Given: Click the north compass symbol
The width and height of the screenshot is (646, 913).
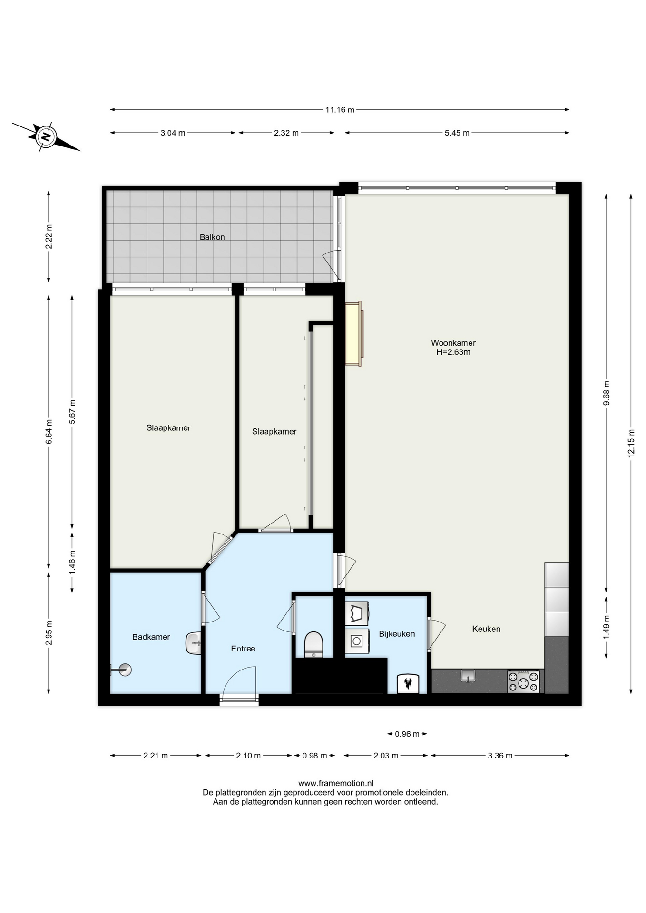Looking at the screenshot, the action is tap(46, 137).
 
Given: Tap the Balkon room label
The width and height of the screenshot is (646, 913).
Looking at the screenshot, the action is tap(212, 237).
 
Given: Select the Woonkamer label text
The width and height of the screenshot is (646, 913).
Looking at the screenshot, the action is tap(453, 343).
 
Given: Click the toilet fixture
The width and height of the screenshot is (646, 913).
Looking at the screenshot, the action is tap(313, 644).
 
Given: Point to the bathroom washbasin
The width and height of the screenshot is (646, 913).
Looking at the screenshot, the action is tap(193, 643).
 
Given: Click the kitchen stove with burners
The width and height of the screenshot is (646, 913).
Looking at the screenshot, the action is tap(523, 681).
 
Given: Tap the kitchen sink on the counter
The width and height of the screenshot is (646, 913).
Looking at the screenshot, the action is tap(468, 675).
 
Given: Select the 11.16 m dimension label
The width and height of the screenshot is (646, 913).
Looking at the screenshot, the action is tap(340, 110).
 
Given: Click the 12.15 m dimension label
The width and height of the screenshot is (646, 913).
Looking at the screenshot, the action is tap(631, 443).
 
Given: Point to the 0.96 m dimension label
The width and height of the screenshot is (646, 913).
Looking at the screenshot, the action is tap(407, 734).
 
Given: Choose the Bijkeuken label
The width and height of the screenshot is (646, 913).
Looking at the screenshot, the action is tap(397, 634).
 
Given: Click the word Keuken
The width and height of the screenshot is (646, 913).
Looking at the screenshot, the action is tap(486, 629).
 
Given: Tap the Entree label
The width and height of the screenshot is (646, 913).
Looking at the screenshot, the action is tap(243, 649).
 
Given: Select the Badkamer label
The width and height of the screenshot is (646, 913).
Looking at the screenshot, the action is tap(151, 637).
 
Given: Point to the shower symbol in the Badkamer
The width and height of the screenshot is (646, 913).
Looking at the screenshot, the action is tap(122, 670).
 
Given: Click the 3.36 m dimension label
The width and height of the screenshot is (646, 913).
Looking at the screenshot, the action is tap(500, 756).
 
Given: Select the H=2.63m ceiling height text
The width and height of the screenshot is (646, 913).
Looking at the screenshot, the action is tap(453, 352).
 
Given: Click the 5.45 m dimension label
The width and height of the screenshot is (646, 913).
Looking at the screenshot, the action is tap(457, 133).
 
